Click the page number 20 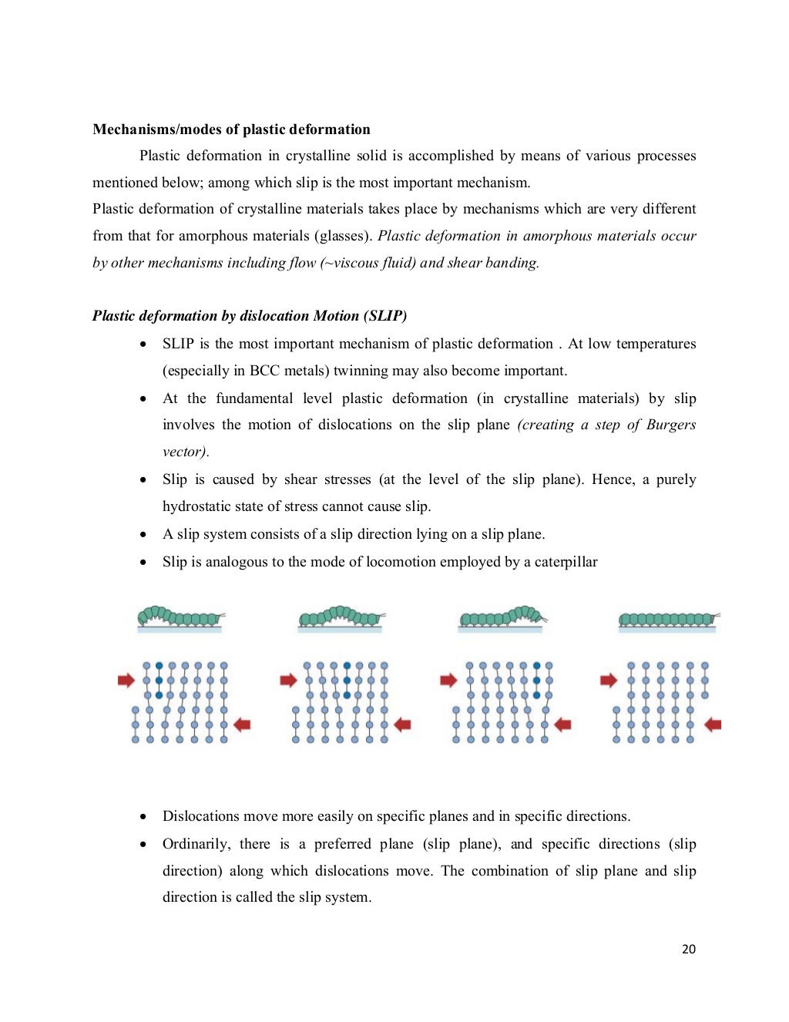[688, 949]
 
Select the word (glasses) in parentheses [343, 236]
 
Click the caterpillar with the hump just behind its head [503, 617]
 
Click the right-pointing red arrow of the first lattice [126, 680]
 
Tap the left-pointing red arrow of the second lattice [402, 724]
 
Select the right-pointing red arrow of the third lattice [448, 680]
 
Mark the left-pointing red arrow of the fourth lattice [713, 724]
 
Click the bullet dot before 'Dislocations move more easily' [144, 817]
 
